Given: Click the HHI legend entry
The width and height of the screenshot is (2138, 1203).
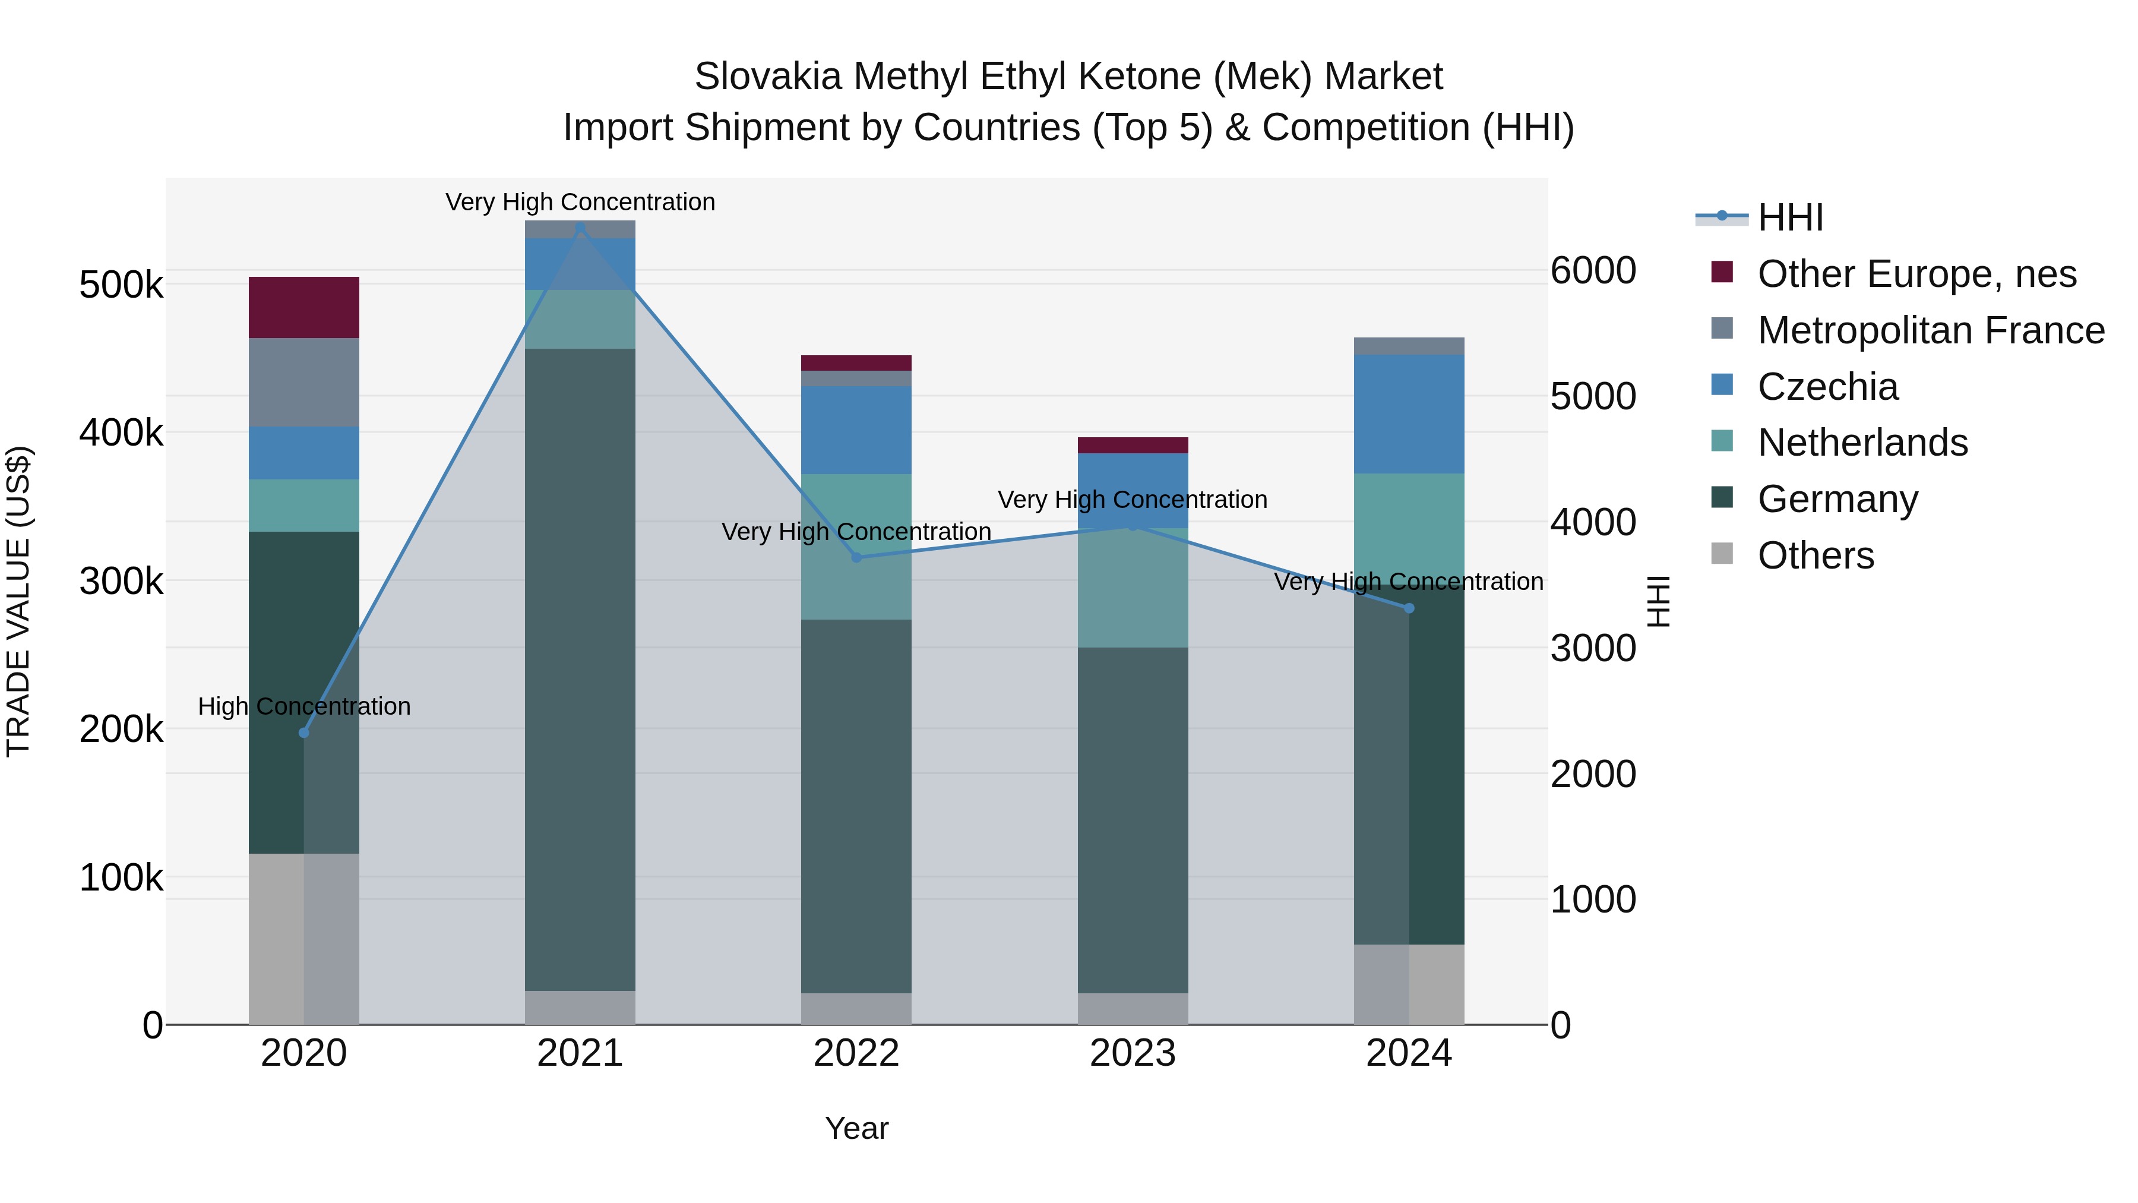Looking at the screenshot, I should [1789, 217].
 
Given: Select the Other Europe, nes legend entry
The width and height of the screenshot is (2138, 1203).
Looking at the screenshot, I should [1915, 274].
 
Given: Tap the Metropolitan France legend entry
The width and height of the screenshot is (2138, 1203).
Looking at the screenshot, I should [1930, 330].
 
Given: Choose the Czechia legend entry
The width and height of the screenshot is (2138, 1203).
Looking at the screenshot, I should [1827, 387].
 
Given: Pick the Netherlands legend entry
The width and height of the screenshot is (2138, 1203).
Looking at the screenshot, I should [1862, 443].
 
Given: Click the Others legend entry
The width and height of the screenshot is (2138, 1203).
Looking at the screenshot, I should [1815, 555].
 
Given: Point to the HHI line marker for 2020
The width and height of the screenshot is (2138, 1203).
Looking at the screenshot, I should [303, 733].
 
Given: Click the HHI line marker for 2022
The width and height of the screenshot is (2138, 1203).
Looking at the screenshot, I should [856, 557].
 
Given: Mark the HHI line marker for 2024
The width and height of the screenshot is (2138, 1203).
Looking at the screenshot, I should [1409, 608].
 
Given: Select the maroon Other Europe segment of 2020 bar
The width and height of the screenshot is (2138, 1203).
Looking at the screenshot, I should [303, 307].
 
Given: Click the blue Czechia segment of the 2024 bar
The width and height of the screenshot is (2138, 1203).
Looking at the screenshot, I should [1409, 413].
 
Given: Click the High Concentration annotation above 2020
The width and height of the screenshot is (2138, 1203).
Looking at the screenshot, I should [303, 706].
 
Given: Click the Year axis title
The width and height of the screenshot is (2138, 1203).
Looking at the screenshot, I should [856, 1128].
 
